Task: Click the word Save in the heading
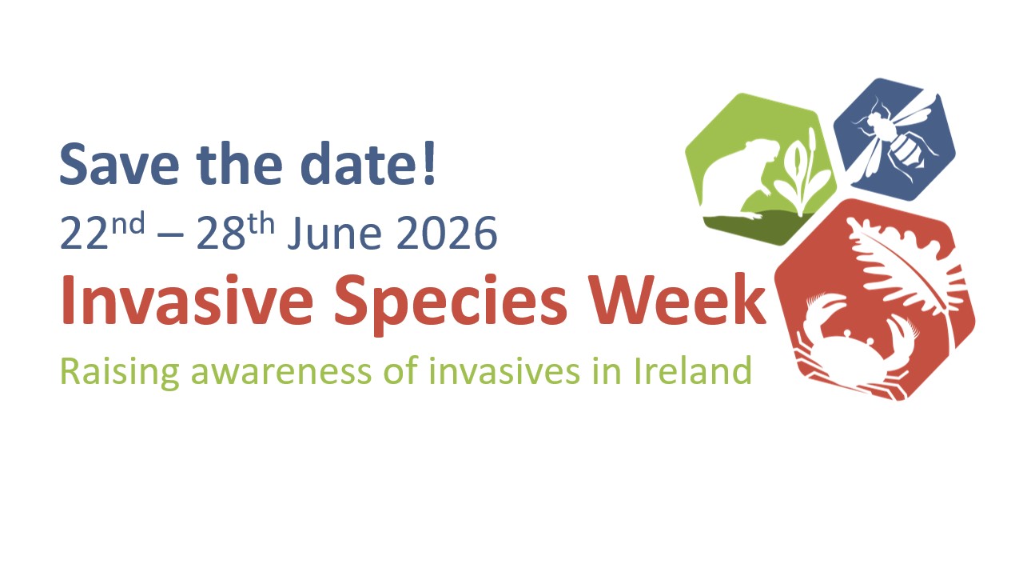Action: [119, 163]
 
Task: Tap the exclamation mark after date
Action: [429, 162]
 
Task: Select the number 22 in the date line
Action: [84, 233]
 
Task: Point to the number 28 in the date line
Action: [221, 233]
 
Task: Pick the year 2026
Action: [447, 233]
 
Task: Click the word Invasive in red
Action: [187, 299]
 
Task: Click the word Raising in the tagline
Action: [120, 372]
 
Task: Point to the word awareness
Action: [281, 373]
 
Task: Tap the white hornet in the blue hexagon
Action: [895, 137]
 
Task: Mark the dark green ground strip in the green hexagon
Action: [767, 227]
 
